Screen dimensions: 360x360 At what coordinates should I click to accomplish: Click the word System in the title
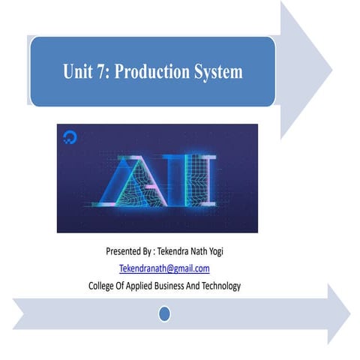pyautogui.click(x=217, y=73)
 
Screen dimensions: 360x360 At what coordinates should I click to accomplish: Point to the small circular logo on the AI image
pyautogui.click(x=70, y=137)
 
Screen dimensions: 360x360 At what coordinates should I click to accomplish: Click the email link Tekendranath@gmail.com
pyautogui.click(x=164, y=268)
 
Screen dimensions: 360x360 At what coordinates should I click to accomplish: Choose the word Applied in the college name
pyautogui.click(x=148, y=286)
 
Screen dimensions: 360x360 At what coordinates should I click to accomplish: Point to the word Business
pyautogui.click(x=185, y=286)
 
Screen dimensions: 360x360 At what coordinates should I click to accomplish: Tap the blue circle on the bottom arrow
pyautogui.click(x=164, y=313)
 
